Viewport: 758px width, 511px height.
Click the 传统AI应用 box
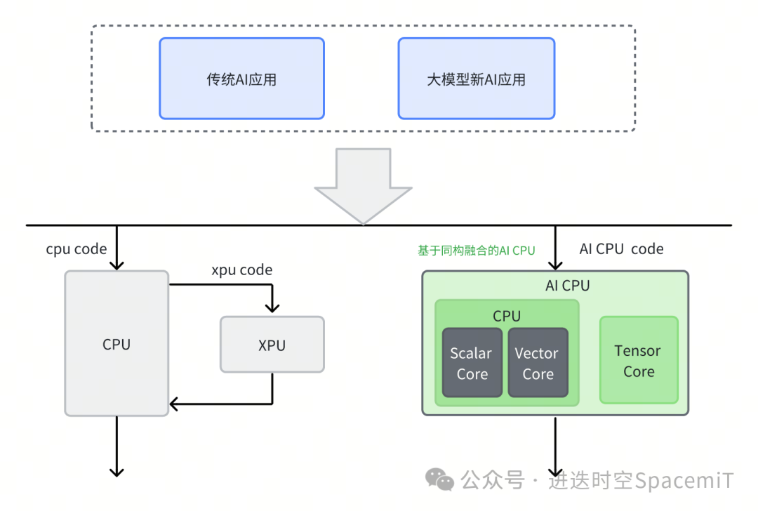tap(241, 79)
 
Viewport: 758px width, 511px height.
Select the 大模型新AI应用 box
tap(476, 79)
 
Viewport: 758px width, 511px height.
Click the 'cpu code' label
tap(77, 249)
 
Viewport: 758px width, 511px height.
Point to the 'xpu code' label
tap(241, 270)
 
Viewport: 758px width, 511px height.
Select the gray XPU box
tap(272, 344)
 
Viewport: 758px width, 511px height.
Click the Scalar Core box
tap(472, 363)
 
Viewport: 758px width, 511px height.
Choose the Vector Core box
tap(538, 363)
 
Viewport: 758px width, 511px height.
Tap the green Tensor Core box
tap(638, 360)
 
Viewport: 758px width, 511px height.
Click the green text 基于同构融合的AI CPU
tap(476, 250)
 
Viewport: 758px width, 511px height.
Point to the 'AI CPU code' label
tap(621, 249)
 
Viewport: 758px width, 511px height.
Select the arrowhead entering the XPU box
tap(272, 307)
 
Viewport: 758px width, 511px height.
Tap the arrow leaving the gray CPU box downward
tap(117, 449)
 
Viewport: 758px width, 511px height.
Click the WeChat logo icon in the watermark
tap(441, 480)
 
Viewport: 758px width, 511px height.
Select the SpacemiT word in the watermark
tap(684, 481)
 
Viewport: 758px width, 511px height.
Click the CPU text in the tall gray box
tap(117, 344)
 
